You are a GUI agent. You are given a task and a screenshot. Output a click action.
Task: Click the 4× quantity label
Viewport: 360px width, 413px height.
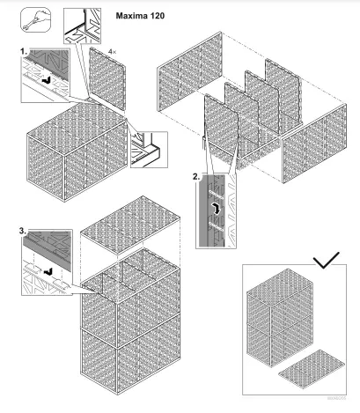[112, 53]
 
